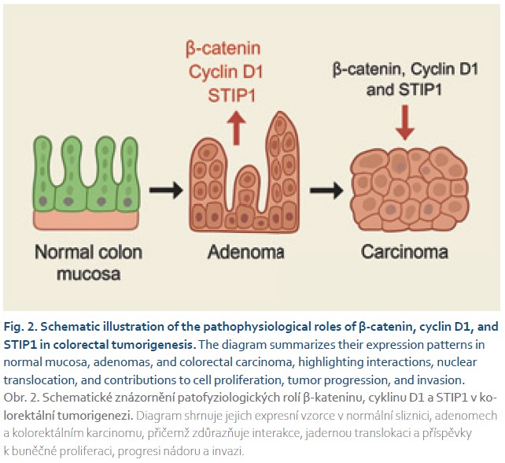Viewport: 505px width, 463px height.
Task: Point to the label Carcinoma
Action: (404, 253)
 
